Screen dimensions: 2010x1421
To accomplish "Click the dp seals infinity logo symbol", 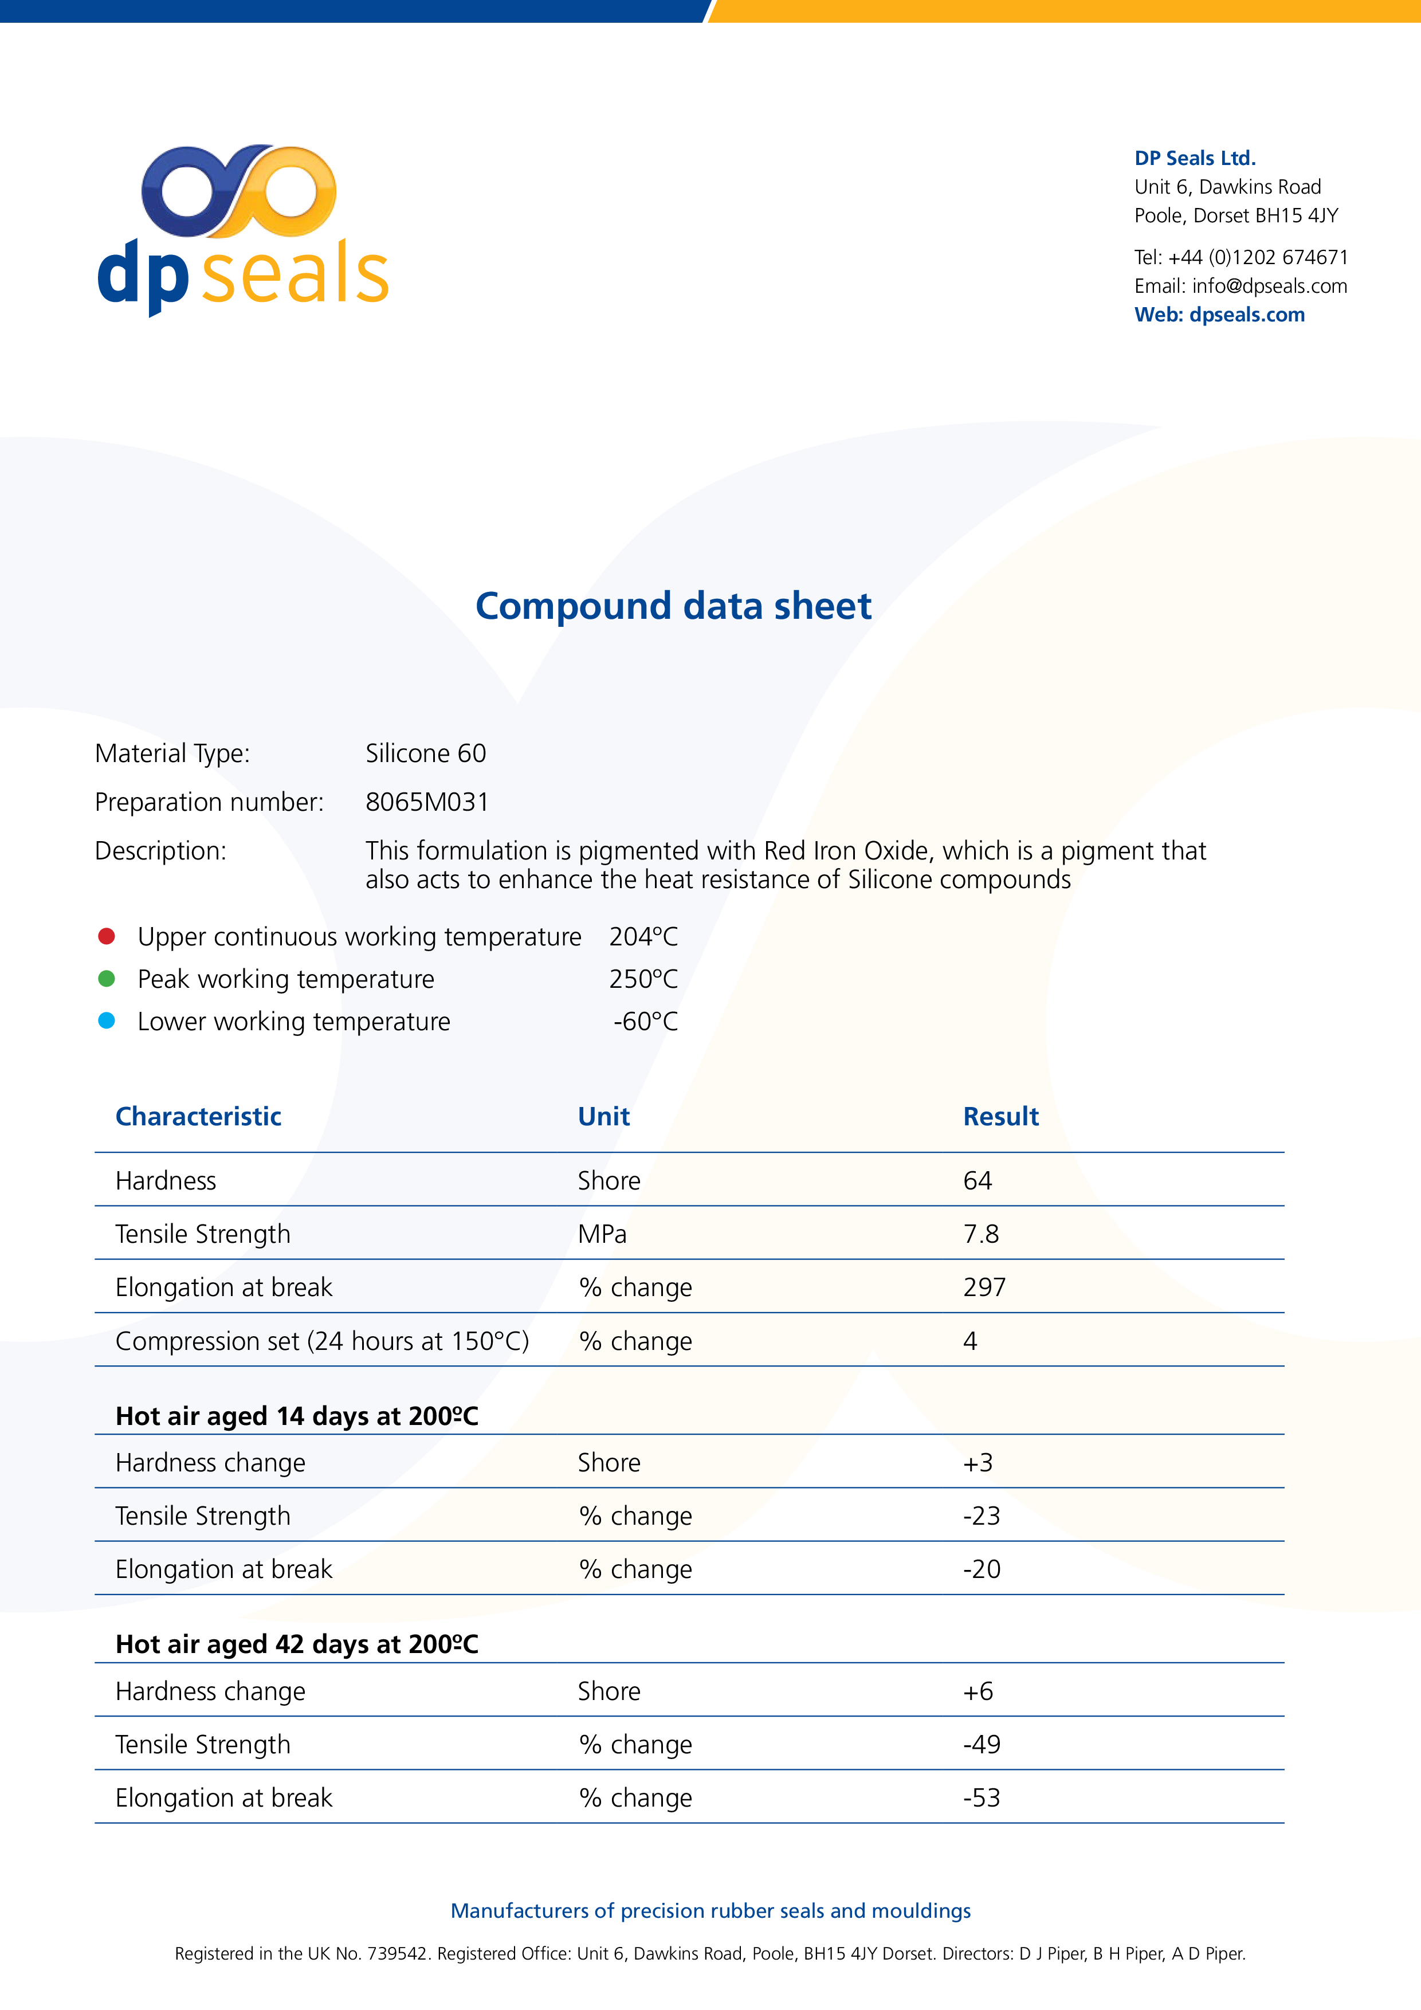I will pyautogui.click(x=238, y=191).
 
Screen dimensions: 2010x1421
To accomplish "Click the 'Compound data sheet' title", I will pyautogui.click(x=673, y=606).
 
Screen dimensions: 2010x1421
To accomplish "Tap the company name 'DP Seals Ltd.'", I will pyautogui.click(x=1194, y=159).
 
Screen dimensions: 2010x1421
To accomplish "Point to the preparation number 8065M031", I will pyautogui.click(x=427, y=802).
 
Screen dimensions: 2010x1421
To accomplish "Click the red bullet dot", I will pyautogui.click(x=107, y=937).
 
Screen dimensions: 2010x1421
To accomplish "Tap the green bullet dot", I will pyautogui.click(x=107, y=979).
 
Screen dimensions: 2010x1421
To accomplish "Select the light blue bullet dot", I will pyautogui.click(x=107, y=1021).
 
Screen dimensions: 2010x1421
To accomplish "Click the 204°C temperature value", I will pyautogui.click(x=643, y=937).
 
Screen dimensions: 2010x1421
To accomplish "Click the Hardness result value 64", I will pyautogui.click(x=977, y=1181).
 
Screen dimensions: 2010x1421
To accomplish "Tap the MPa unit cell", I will pyautogui.click(x=602, y=1234).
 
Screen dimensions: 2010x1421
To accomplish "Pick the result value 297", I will pyautogui.click(x=984, y=1288).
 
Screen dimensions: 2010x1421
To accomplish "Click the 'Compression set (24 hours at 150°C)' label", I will pyautogui.click(x=322, y=1341).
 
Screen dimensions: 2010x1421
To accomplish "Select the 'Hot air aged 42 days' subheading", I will pyautogui.click(x=297, y=1644).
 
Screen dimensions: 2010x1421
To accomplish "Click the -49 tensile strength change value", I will pyautogui.click(x=982, y=1745).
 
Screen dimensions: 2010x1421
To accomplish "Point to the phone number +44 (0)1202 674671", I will pyautogui.click(x=1257, y=257).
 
